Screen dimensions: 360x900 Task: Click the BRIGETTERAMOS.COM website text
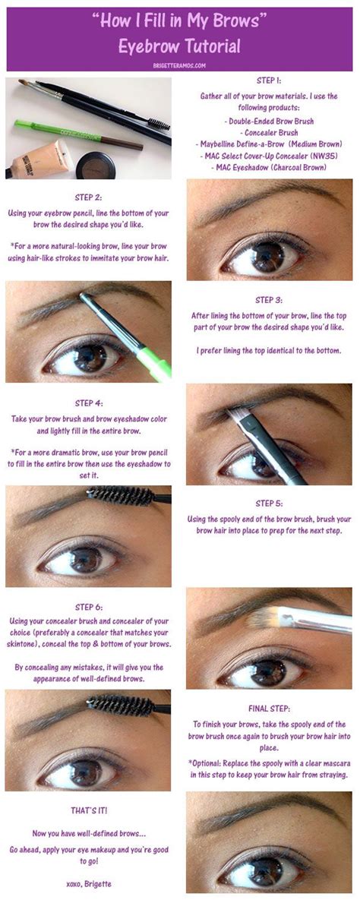click(179, 65)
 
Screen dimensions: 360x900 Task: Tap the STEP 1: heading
click(269, 81)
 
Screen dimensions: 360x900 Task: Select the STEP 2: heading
click(88, 197)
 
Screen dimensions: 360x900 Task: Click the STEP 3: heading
click(269, 300)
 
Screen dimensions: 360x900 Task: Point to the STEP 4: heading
click(88, 403)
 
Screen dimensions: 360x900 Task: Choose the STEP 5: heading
click(269, 504)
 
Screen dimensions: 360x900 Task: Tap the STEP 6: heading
click(88, 607)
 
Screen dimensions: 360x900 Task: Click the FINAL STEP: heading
click(269, 709)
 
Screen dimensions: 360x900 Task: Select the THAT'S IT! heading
click(88, 810)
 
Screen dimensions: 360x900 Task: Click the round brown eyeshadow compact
click(95, 166)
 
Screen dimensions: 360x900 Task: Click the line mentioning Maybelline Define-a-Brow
click(269, 144)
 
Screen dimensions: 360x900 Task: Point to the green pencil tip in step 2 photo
click(81, 296)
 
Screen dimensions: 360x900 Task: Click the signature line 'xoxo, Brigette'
click(88, 884)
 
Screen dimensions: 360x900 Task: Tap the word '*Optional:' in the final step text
click(206, 763)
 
